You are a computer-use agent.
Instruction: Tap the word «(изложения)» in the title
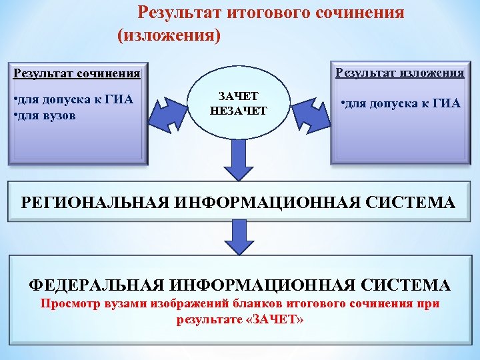pos(169,35)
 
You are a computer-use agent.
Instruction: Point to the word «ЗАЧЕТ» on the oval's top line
pos(238,97)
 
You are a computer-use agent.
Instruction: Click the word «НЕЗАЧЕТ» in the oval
pos(238,111)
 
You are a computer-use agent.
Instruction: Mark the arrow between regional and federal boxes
pos(239,235)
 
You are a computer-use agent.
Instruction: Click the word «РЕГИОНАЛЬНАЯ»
pos(95,203)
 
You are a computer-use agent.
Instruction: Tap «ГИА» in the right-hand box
pos(446,103)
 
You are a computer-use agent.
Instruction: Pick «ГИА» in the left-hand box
pos(119,101)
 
